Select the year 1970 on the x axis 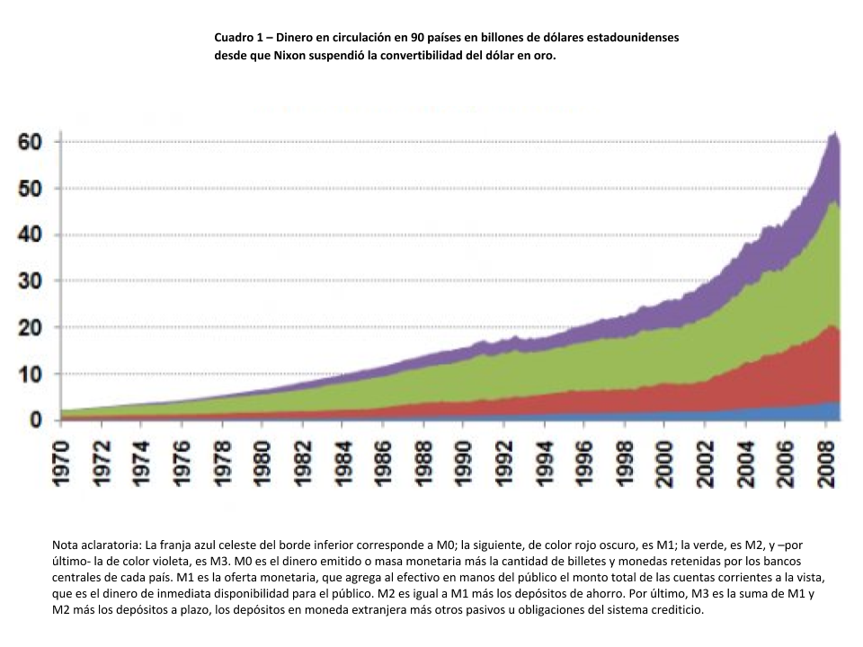tap(62, 464)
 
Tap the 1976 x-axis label tap(182, 464)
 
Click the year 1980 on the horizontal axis tap(262, 464)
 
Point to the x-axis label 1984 tap(343, 464)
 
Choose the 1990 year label tap(464, 464)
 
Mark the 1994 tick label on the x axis tap(544, 464)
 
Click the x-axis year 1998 tap(625, 464)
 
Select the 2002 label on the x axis tap(705, 464)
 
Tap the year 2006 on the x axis tap(785, 464)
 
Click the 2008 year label tap(825, 464)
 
